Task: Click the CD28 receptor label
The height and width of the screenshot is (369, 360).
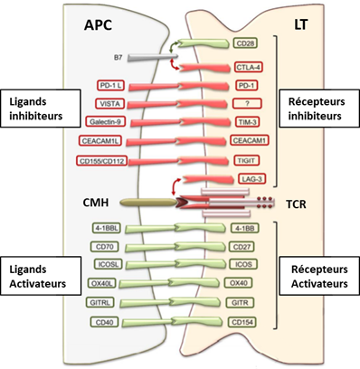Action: (245, 43)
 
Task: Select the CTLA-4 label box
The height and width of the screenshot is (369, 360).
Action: (249, 67)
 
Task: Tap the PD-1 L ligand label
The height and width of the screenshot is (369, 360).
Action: (110, 86)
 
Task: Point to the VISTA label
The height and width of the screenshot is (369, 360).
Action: (109, 104)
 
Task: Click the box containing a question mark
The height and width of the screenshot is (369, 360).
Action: (247, 103)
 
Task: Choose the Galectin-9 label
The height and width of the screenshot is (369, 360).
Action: (105, 122)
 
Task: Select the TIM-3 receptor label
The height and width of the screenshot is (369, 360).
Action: (247, 122)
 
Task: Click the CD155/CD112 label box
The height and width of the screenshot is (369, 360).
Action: (101, 161)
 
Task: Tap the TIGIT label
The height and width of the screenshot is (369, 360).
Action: (247, 160)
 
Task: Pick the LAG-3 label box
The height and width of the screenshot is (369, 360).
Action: (251, 179)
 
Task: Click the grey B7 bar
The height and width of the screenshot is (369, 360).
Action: (152, 57)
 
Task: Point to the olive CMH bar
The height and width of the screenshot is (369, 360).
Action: (148, 203)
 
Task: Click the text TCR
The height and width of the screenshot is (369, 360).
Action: (296, 204)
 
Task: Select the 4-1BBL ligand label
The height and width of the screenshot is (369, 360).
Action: (107, 228)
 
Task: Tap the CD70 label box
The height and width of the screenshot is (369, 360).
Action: (105, 247)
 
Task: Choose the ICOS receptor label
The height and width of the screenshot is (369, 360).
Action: (243, 264)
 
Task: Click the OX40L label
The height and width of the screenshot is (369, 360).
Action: (101, 283)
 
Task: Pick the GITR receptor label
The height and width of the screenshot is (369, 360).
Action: (240, 302)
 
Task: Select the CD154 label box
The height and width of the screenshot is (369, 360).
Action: (242, 322)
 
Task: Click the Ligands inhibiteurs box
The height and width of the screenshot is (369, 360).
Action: (41, 109)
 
